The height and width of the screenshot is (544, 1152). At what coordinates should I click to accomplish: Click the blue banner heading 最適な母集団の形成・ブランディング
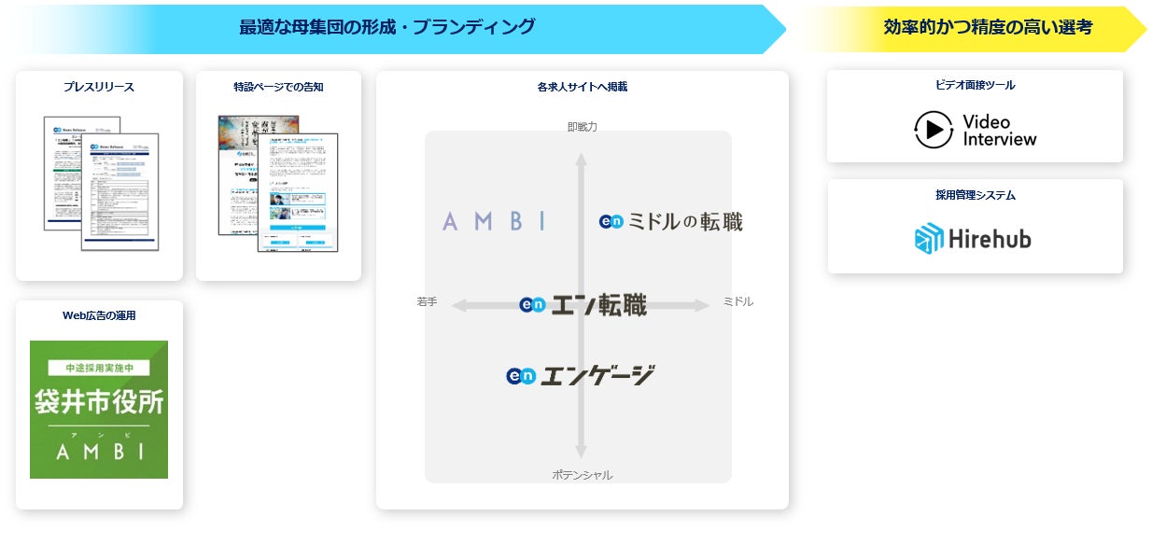click(x=386, y=27)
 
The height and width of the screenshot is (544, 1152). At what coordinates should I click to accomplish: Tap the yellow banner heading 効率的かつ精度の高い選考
click(x=987, y=27)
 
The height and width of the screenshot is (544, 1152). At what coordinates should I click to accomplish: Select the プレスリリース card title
click(x=99, y=87)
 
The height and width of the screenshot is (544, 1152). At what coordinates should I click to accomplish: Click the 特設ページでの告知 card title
click(x=278, y=87)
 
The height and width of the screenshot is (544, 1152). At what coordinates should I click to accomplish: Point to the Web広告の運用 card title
click(x=99, y=315)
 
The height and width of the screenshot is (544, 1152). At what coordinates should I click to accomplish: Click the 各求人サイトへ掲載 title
click(x=582, y=87)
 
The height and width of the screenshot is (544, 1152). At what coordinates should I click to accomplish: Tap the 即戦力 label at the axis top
click(x=582, y=126)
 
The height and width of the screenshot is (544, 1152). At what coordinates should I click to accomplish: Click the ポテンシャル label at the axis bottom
click(x=582, y=475)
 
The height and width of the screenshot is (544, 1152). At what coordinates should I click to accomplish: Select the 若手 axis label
click(x=427, y=302)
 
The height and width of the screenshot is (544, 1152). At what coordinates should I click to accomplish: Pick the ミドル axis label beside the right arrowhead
click(x=738, y=302)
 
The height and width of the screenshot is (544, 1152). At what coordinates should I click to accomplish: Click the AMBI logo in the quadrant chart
click(x=494, y=222)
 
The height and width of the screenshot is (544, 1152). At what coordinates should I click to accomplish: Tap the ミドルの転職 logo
click(x=670, y=222)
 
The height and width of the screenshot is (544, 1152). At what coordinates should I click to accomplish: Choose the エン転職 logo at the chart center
click(x=583, y=305)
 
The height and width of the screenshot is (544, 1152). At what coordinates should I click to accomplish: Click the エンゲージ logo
click(x=580, y=375)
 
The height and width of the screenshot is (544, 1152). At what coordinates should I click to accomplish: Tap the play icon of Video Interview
click(x=933, y=130)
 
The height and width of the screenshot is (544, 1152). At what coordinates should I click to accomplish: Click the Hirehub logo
click(x=973, y=239)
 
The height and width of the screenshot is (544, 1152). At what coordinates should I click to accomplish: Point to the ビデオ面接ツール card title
click(x=975, y=85)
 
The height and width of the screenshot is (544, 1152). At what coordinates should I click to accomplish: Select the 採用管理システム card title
click(x=975, y=196)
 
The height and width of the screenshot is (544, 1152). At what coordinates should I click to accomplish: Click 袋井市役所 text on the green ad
click(x=99, y=402)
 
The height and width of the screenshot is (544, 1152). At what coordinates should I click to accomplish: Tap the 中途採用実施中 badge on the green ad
click(x=99, y=368)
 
